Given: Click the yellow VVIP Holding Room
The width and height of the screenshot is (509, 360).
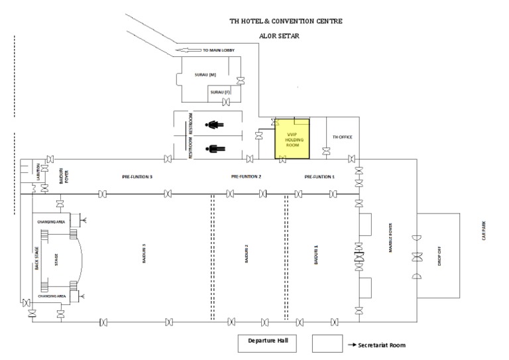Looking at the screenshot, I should (x=293, y=139).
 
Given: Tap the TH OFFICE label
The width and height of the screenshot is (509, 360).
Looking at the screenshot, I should (x=342, y=137).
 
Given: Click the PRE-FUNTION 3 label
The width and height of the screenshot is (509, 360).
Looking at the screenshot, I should (x=137, y=178).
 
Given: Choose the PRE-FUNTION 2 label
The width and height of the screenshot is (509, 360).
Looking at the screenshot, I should (x=246, y=177).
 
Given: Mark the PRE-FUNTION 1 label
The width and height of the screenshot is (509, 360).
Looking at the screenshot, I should (x=319, y=177).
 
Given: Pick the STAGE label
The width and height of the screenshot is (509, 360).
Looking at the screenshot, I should (x=57, y=257).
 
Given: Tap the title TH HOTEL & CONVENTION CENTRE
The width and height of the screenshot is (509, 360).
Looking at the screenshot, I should (x=286, y=21).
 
